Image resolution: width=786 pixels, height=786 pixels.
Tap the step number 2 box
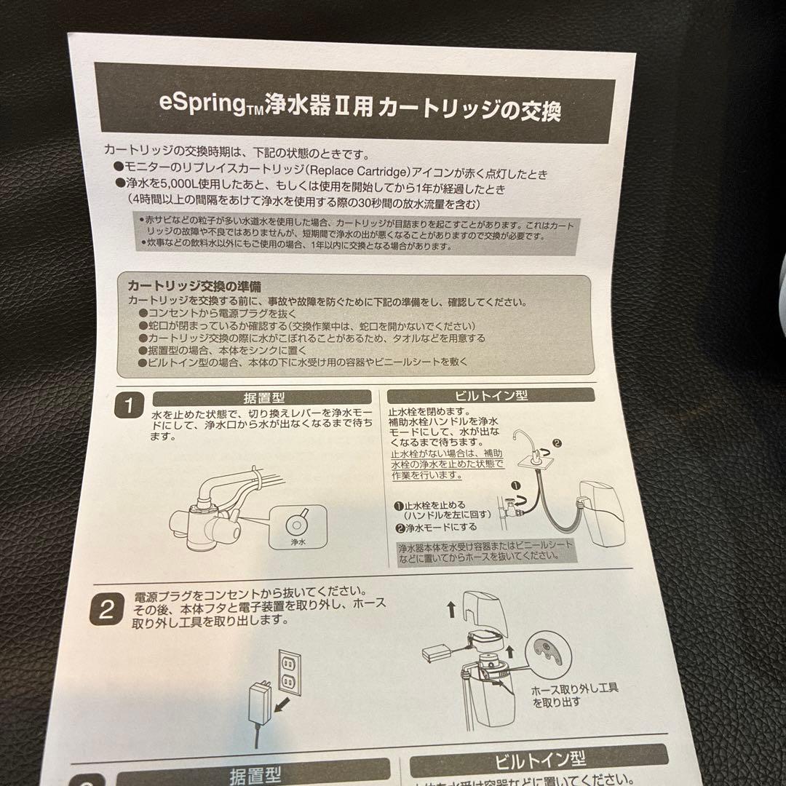coord(106,610)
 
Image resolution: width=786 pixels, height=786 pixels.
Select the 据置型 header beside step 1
coord(263,398)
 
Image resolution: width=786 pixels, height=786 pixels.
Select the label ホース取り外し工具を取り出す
coord(574,696)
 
